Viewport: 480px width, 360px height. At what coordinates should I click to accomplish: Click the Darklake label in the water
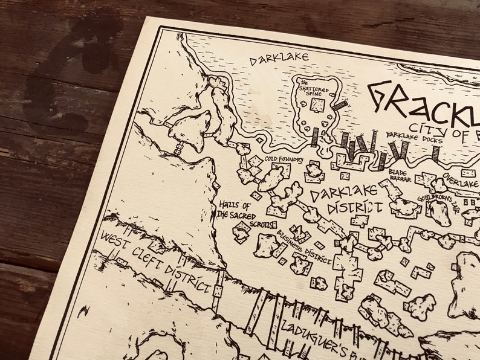[x=279, y=58]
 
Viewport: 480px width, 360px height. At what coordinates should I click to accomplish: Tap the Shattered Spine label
[x=313, y=88]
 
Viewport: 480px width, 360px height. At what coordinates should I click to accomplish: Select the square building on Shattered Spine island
[x=316, y=106]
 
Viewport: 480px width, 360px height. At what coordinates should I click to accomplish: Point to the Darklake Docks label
[x=414, y=138]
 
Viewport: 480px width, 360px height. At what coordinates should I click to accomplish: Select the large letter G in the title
[x=381, y=97]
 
